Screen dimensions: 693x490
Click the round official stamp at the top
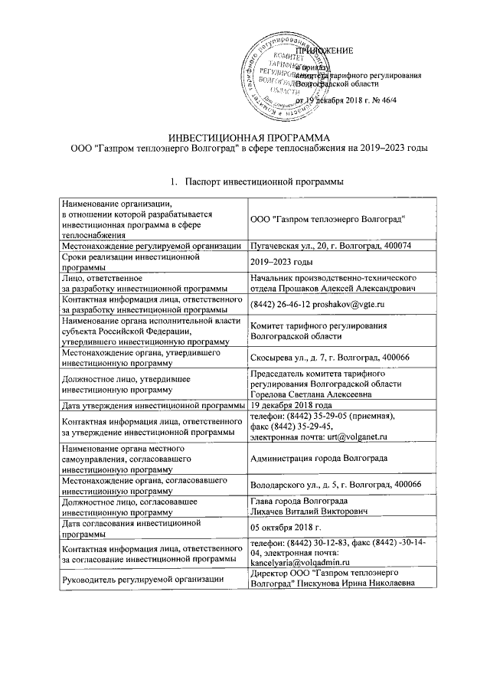click(x=282, y=74)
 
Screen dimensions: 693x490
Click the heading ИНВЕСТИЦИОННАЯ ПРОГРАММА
click(x=243, y=136)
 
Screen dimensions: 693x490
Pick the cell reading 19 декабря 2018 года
click(x=292, y=404)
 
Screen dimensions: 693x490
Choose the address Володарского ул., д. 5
click(x=292, y=485)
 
